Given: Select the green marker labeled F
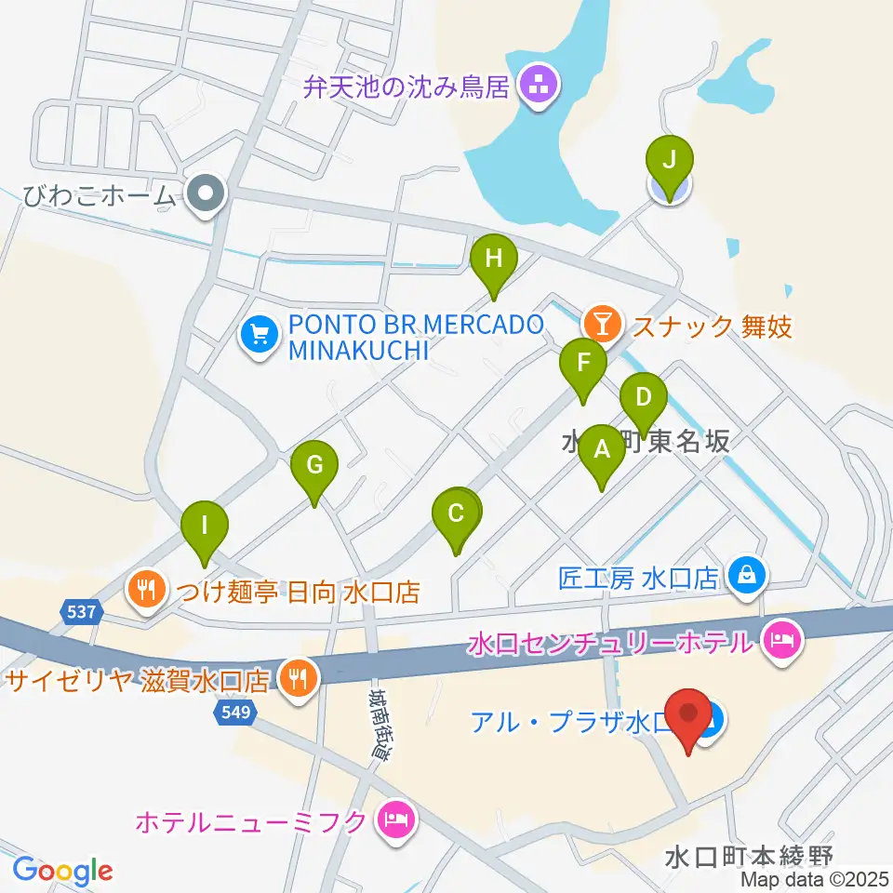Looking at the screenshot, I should coord(583,362).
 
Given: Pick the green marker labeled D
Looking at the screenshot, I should coord(643,396).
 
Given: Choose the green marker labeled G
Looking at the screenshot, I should coord(314,463).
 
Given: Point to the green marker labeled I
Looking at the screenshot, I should coord(205,526).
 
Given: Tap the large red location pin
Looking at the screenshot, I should coord(689,715).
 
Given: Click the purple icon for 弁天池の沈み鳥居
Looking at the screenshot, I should coord(537,87).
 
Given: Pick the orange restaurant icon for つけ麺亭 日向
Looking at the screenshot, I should coord(146,588).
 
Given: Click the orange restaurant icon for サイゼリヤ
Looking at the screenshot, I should coord(297,678).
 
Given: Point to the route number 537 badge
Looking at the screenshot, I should coord(80,611).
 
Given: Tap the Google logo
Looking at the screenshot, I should coord(62,871).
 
